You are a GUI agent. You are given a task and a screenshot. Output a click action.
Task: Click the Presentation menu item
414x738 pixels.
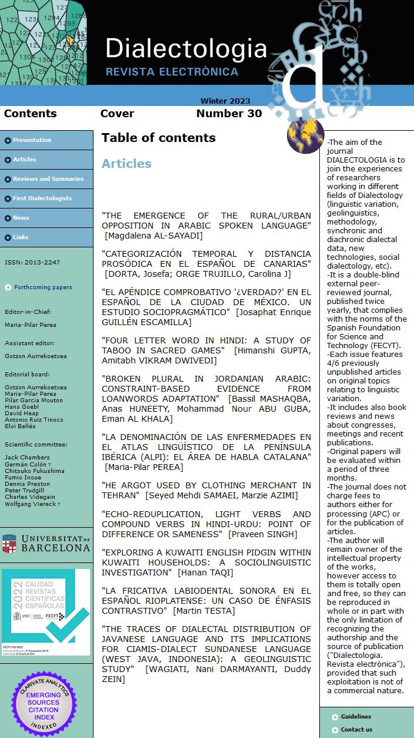pos(32,140)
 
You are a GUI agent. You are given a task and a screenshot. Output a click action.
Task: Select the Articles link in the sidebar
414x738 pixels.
pos(25,160)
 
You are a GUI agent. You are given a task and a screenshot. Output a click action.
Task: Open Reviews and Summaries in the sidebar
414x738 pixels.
pos(48,179)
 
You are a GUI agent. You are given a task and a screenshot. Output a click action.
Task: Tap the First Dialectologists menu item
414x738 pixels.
pos(42,198)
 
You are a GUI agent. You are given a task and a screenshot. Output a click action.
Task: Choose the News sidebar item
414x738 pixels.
pos(21,218)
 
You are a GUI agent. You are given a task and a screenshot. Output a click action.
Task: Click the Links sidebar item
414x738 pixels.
pos(21,237)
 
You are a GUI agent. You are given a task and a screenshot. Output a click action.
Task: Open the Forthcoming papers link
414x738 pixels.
pos(43,287)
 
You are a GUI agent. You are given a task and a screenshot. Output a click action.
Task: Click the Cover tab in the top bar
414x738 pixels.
pos(117,114)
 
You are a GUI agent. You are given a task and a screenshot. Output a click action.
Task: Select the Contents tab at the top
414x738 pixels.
pos(30,114)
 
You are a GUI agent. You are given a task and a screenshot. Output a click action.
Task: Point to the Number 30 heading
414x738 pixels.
pos(229,114)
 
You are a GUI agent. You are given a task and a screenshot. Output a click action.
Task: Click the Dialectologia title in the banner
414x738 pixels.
pos(186,48)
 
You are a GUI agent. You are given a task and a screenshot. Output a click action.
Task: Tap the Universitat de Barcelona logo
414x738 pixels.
pos(46,543)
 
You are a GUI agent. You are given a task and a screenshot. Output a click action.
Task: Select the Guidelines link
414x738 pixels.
pos(356,717)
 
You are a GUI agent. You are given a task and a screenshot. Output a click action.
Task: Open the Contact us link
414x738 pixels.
pos(356,730)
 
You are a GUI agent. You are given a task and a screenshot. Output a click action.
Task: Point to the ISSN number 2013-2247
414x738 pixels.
pos(32,263)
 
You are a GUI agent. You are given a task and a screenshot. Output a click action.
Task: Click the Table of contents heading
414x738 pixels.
pos(158,138)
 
